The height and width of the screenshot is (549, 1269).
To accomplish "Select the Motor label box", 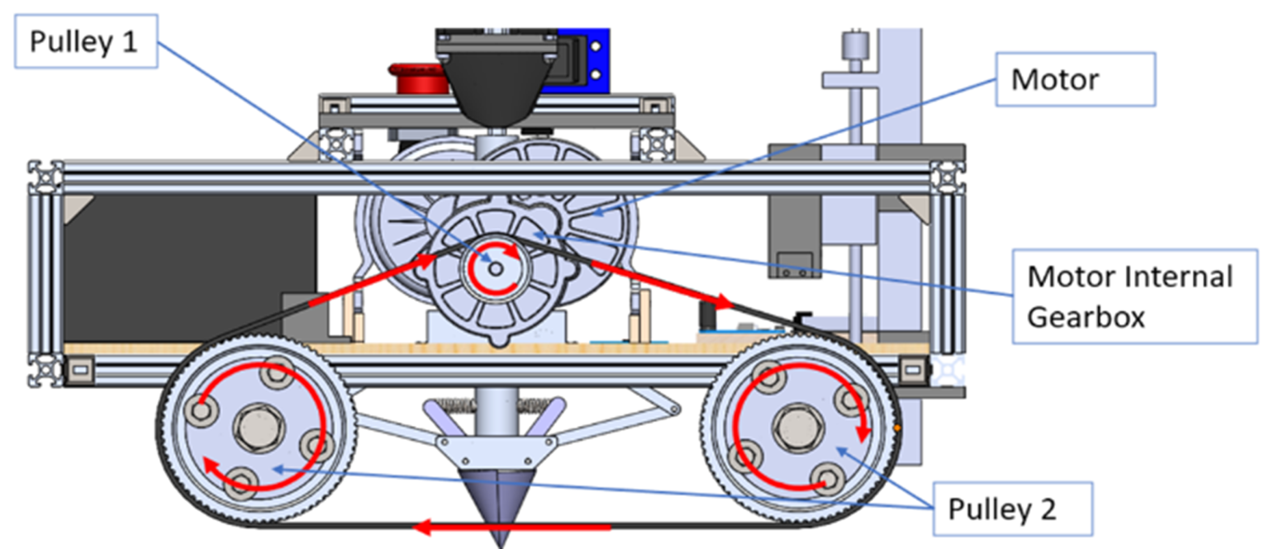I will (1075, 79).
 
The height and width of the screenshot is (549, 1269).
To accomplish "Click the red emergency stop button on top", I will (419, 78).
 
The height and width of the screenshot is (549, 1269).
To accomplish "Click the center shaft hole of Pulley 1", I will (494, 269).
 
